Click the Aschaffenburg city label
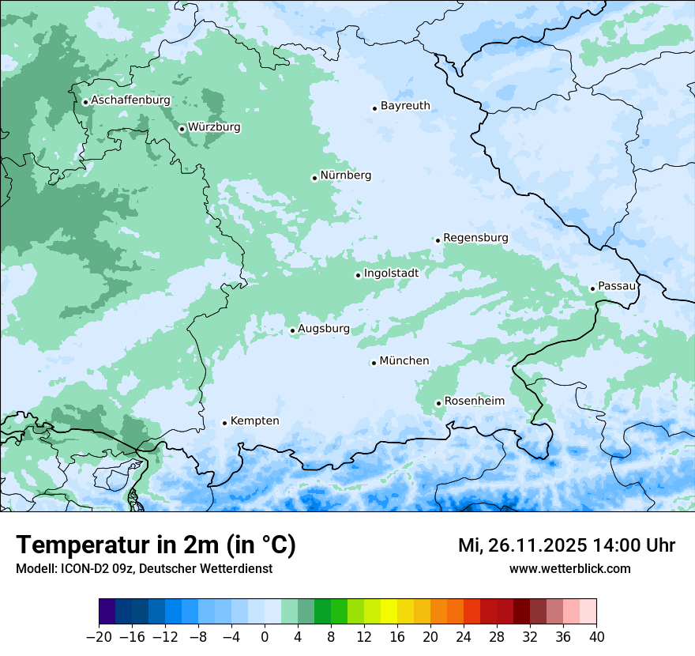(130, 100)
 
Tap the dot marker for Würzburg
(182, 129)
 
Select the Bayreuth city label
(405, 106)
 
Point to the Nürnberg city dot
(314, 178)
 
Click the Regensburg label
(475, 238)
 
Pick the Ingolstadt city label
(391, 273)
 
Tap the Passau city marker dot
(592, 288)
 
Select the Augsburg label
(324, 329)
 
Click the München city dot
(374, 363)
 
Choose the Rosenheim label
(474, 402)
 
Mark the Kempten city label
(254, 421)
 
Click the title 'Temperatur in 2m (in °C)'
(156, 545)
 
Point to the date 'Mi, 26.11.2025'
(522, 545)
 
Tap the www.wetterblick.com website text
(569, 568)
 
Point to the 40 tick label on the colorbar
(596, 637)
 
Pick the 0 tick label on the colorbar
(265, 637)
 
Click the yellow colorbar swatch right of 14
(389, 612)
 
